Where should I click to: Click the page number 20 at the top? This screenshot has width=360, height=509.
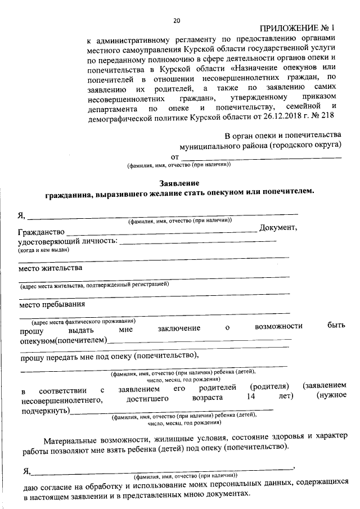pyautogui.click(x=177, y=21)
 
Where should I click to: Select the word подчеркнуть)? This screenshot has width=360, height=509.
pyautogui.click(x=46, y=411)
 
